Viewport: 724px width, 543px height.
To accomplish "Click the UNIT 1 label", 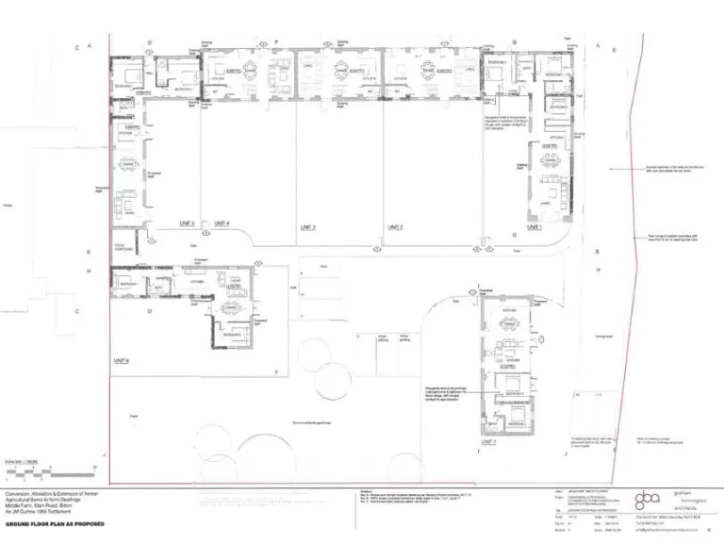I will pos(535,227).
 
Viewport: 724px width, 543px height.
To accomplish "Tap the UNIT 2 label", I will pos(395,227).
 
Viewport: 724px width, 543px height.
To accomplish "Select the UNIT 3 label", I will pos(307,227).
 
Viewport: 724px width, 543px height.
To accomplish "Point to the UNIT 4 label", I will pos(222,223).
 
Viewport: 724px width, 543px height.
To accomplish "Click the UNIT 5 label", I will pos(186,223).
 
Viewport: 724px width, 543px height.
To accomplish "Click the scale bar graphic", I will pos(28,469).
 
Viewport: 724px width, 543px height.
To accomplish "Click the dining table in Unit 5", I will pos(125,166).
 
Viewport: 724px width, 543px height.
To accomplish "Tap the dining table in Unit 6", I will pos(226,307).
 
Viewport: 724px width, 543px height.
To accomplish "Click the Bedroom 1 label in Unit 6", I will pos(127,283).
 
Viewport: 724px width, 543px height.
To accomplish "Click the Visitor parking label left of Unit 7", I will pos(384,337).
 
